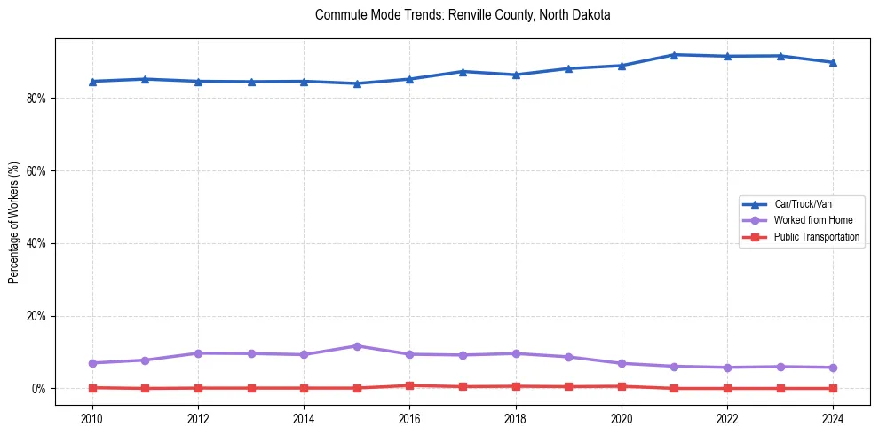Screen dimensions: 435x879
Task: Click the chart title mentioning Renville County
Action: (463, 15)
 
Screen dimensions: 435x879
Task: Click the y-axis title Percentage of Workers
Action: (14, 223)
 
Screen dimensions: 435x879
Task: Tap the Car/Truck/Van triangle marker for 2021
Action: (674, 55)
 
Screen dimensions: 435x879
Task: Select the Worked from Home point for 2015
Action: (357, 346)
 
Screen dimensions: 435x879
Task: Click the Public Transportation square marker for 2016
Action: (409, 385)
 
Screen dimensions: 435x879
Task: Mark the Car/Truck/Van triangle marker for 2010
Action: (92, 82)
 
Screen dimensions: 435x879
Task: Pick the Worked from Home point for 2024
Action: (833, 368)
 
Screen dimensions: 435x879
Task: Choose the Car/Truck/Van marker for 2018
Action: (515, 75)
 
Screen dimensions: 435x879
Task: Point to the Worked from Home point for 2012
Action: (198, 353)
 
